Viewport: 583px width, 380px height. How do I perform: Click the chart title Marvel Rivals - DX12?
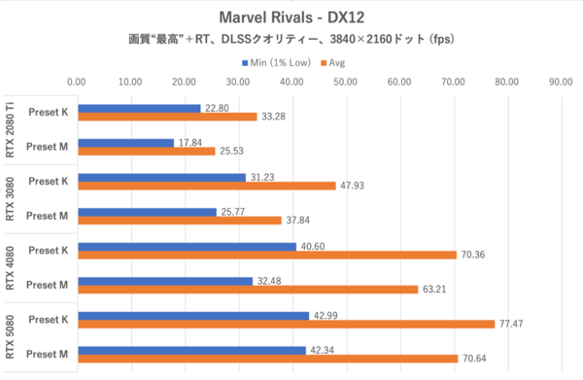[291, 17]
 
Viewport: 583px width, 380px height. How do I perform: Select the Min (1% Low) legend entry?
[275, 63]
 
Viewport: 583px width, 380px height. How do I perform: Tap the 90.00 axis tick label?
[559, 83]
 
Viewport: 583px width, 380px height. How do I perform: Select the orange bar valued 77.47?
[285, 324]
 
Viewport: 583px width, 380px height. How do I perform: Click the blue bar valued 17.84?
[124, 142]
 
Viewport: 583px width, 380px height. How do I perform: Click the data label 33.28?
[273, 117]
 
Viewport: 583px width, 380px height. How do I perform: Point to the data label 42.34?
[321, 350]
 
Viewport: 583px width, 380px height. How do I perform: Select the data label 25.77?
[232, 211]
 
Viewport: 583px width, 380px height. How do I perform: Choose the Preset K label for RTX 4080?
[48, 250]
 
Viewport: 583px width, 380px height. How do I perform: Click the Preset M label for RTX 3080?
[48, 215]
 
